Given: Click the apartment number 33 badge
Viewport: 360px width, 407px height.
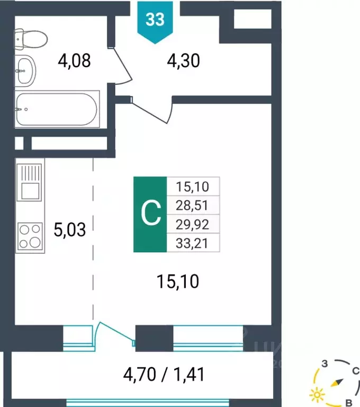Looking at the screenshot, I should (155, 20).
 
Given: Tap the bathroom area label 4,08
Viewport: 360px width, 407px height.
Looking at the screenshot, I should (74, 61).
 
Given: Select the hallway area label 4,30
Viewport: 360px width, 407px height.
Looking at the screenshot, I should (183, 61).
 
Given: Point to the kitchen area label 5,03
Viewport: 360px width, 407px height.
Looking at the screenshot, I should (69, 231).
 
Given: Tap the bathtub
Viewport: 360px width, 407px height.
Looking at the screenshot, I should (56, 110).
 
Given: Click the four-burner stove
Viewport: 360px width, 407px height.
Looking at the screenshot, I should (30, 236).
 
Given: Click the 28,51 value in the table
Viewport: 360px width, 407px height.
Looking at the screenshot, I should (194, 205).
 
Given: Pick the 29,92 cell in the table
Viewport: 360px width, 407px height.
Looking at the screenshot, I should (194, 224).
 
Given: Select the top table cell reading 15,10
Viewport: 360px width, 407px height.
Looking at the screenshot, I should (194, 186).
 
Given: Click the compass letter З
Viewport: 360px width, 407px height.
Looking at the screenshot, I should (326, 364).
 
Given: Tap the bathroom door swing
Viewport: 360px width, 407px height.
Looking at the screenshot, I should (121, 66).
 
